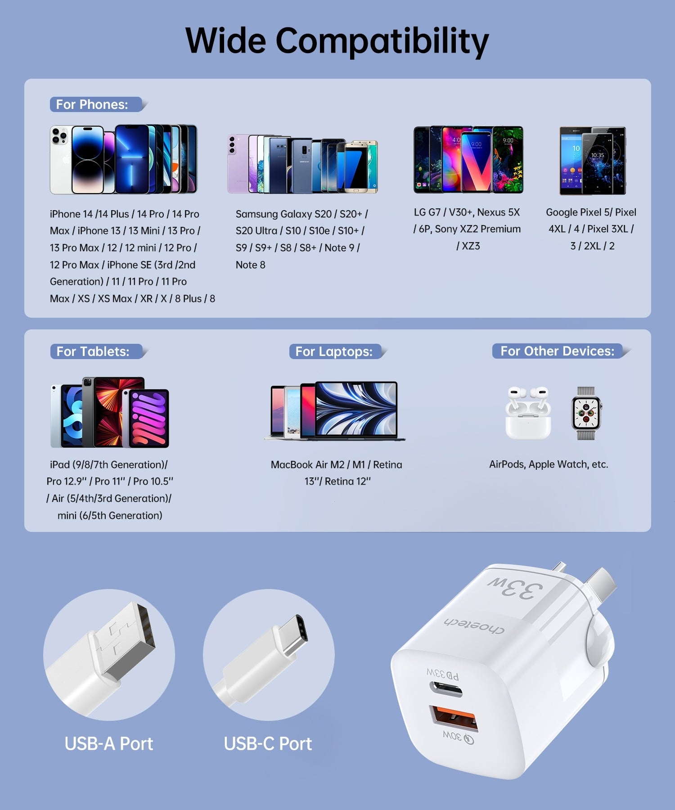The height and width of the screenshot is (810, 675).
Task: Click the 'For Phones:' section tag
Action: (x=92, y=104)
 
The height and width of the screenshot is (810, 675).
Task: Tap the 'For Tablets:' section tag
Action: (x=93, y=351)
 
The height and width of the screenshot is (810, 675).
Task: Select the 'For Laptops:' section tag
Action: (x=334, y=351)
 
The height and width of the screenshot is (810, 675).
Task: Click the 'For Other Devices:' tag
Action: (x=557, y=351)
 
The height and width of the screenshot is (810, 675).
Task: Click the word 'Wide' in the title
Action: (x=226, y=40)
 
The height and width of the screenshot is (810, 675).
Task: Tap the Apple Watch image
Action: (x=586, y=413)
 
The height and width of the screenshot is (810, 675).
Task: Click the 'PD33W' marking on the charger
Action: (x=443, y=674)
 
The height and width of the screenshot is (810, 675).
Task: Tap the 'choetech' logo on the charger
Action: (x=474, y=625)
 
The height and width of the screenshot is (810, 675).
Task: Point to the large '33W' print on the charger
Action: (x=516, y=588)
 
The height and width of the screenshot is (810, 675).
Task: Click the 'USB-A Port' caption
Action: (x=109, y=744)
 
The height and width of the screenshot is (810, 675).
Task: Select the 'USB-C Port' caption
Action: (x=268, y=744)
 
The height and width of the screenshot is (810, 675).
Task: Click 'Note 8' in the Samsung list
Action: (x=250, y=265)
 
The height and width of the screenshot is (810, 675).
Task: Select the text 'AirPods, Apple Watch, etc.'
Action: (x=549, y=464)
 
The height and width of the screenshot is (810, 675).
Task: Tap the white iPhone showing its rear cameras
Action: (x=60, y=160)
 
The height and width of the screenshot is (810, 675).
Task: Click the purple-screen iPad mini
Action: (x=149, y=418)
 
